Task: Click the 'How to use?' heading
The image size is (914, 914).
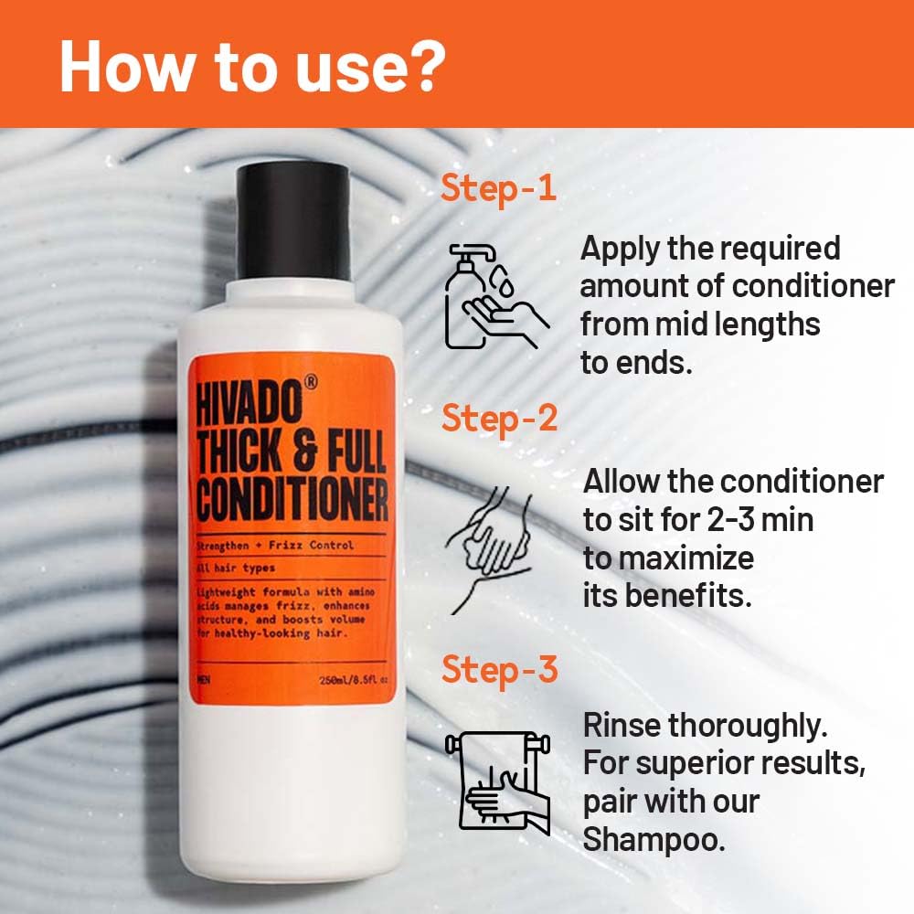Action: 252,65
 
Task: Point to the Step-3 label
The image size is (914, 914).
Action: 499,669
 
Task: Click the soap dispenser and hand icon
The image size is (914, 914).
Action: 494,294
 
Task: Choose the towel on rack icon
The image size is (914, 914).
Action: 498,781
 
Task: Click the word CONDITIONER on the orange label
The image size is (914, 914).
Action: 292,500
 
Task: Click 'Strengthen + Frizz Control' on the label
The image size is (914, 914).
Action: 274,547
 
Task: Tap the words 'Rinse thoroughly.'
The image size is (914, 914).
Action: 706,726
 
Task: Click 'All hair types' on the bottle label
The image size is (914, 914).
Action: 236,568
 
